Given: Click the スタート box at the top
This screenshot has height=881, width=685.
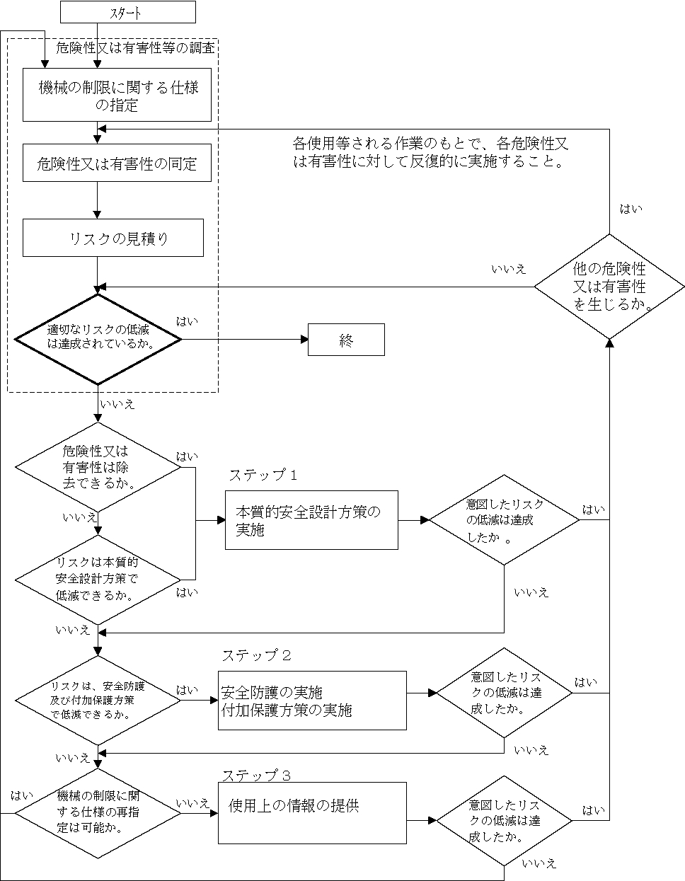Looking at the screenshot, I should click(x=127, y=12).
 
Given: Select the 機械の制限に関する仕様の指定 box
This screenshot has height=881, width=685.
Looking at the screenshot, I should click(x=117, y=96).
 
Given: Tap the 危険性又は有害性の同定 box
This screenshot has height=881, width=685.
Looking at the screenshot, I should click(x=117, y=163).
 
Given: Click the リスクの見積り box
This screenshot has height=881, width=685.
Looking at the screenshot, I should click(x=113, y=238).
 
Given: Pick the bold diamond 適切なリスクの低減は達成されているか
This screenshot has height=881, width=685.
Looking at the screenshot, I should click(x=98, y=340).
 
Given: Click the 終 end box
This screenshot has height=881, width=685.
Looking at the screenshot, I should click(x=346, y=340).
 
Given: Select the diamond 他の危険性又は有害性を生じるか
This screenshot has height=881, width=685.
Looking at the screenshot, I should click(x=609, y=287).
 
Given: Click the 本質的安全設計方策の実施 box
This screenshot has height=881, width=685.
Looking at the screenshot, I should click(x=311, y=520).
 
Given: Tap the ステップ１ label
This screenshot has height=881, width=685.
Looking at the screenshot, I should click(x=263, y=475).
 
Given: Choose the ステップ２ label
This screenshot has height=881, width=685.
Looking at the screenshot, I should click(x=256, y=655).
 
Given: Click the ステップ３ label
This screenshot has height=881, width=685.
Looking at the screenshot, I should click(x=256, y=775).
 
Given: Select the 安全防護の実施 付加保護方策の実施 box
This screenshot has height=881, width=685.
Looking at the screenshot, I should click(x=312, y=701).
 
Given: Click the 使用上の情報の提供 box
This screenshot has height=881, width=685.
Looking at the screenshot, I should click(x=312, y=813).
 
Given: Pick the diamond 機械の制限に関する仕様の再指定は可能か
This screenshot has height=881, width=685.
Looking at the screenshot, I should click(x=98, y=812).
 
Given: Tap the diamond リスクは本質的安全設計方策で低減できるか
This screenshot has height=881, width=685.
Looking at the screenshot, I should click(x=98, y=580).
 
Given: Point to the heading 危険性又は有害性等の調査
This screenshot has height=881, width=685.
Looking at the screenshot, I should click(x=134, y=48).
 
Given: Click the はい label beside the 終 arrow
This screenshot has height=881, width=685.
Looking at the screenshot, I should click(x=187, y=322).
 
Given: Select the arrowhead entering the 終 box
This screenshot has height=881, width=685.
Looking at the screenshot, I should click(x=304, y=340).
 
